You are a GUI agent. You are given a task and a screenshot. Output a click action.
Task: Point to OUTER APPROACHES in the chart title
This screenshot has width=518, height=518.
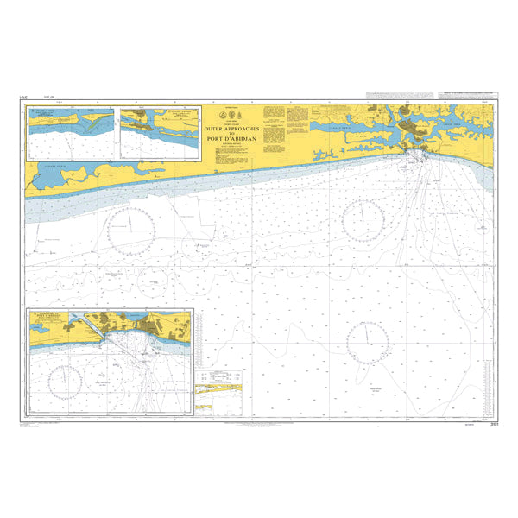231,127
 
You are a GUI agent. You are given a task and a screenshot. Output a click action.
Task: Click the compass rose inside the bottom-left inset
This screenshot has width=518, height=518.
66,379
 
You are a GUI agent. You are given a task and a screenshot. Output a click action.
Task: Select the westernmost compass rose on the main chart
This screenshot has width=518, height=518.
132,228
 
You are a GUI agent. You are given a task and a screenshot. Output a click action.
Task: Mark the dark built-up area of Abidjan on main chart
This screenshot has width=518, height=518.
417,129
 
